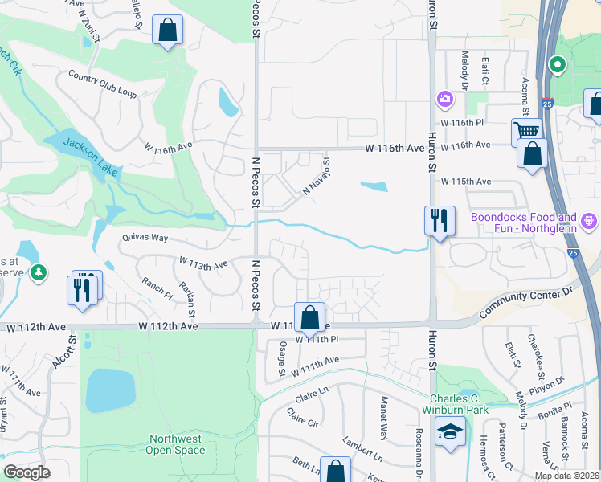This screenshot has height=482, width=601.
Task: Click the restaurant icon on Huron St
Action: (x=440, y=221)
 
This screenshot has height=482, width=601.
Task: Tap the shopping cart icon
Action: (x=526, y=131)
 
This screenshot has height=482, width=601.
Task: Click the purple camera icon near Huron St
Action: (x=444, y=100)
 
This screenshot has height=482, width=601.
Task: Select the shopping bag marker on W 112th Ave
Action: (x=309, y=317)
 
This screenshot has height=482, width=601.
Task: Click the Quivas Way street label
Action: (x=145, y=238)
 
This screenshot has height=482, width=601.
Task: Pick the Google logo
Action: (x=27, y=472)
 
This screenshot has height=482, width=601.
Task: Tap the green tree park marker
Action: (x=39, y=274)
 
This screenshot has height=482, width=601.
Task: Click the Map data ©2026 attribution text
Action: (x=566, y=476)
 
